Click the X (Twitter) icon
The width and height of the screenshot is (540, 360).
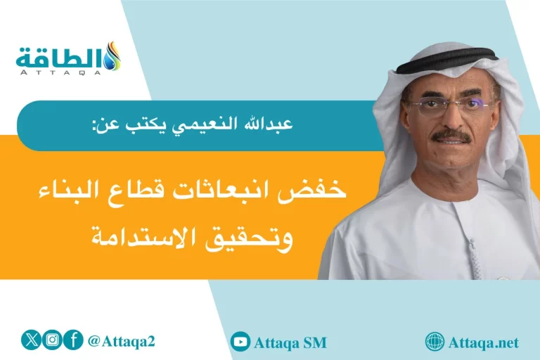[32, 340]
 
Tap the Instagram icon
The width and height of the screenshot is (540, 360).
[52, 340]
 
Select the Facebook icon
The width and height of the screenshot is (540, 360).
[72, 340]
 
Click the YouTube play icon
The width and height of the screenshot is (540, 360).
[240, 342]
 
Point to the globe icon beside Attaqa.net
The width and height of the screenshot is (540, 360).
[435, 342]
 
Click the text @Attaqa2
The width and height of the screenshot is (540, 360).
[121, 342]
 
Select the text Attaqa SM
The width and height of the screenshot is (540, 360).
[290, 343]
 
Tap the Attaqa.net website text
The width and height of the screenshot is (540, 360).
[484, 343]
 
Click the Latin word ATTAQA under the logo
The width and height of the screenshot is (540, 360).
[60, 72]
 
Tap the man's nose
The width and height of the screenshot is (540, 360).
[451, 120]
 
